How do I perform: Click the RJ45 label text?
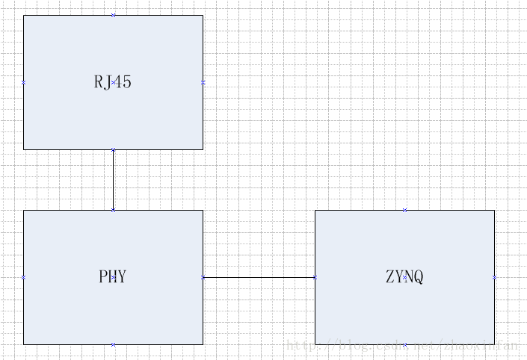pyautogui.click(x=113, y=82)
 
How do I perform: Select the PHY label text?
pyautogui.click(x=113, y=277)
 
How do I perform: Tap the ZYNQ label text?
pyautogui.click(x=404, y=277)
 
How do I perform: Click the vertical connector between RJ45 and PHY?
pyautogui.click(x=113, y=180)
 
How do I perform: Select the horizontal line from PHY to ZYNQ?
pyautogui.click(x=259, y=277)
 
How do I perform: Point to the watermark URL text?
pyautogui.click(x=402, y=346)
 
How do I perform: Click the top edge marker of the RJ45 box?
pyautogui.click(x=113, y=15)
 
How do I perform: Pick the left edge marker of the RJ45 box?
pyautogui.click(x=23, y=82)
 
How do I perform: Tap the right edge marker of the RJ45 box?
pyautogui.click(x=203, y=82)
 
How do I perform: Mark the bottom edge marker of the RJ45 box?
pyautogui.click(x=113, y=149)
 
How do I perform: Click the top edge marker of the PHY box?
pyautogui.click(x=113, y=210)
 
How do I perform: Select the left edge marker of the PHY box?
pyautogui.click(x=23, y=277)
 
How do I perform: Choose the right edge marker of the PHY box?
pyautogui.click(x=203, y=277)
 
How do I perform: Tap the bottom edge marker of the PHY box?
pyautogui.click(x=113, y=344)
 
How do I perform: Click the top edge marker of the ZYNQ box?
pyautogui.click(x=404, y=210)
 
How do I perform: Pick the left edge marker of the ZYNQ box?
pyautogui.click(x=315, y=277)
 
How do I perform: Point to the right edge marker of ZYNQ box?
pyautogui.click(x=494, y=277)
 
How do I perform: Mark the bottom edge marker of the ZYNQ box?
pyautogui.click(x=404, y=344)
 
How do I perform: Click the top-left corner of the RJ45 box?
pyautogui.click(x=23, y=15)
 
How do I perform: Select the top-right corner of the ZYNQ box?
pyautogui.click(x=494, y=210)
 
